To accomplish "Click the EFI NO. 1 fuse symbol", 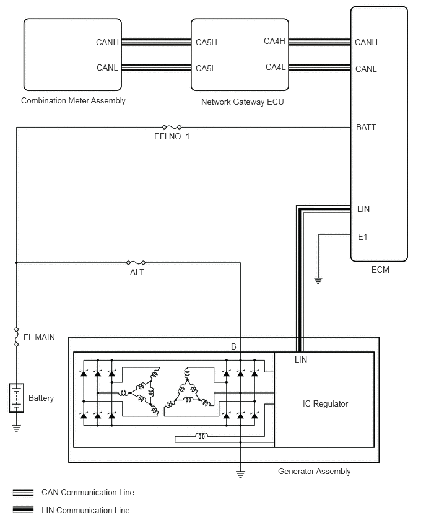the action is (x=172, y=127).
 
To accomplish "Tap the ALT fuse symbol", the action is (x=136, y=262).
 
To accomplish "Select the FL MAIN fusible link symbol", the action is (x=17, y=337).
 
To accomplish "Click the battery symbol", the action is (x=17, y=398).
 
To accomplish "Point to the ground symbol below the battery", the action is (x=17, y=428).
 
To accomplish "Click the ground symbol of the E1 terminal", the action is (x=318, y=281).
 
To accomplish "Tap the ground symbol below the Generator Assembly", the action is (x=240, y=474).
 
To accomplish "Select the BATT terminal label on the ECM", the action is (x=366, y=127).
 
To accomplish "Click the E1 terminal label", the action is (x=362, y=237).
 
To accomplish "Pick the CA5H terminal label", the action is (x=206, y=42).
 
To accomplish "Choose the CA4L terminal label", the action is (x=276, y=68).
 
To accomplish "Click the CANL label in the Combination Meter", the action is (x=107, y=68).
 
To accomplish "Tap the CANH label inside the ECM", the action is (x=366, y=42).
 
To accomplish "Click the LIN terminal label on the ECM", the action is (x=363, y=209).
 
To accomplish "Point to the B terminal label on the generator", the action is (x=233, y=346).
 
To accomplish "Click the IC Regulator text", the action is (x=326, y=403).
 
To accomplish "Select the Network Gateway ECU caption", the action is (x=242, y=102).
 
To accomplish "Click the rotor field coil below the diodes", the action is (x=201, y=436).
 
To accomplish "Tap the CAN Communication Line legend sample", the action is (x=23, y=493).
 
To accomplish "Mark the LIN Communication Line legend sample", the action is (x=23, y=510).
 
